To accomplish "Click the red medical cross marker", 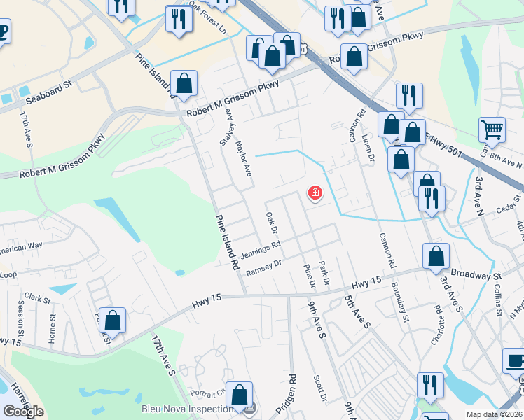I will [x=315, y=193].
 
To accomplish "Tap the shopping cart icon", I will [x=492, y=129].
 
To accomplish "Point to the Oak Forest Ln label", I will [x=208, y=22].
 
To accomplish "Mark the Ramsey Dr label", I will [x=264, y=267].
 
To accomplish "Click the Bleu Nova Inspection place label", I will [x=187, y=409].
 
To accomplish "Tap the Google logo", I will [x=23, y=412].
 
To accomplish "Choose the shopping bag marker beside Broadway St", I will [x=436, y=258].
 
